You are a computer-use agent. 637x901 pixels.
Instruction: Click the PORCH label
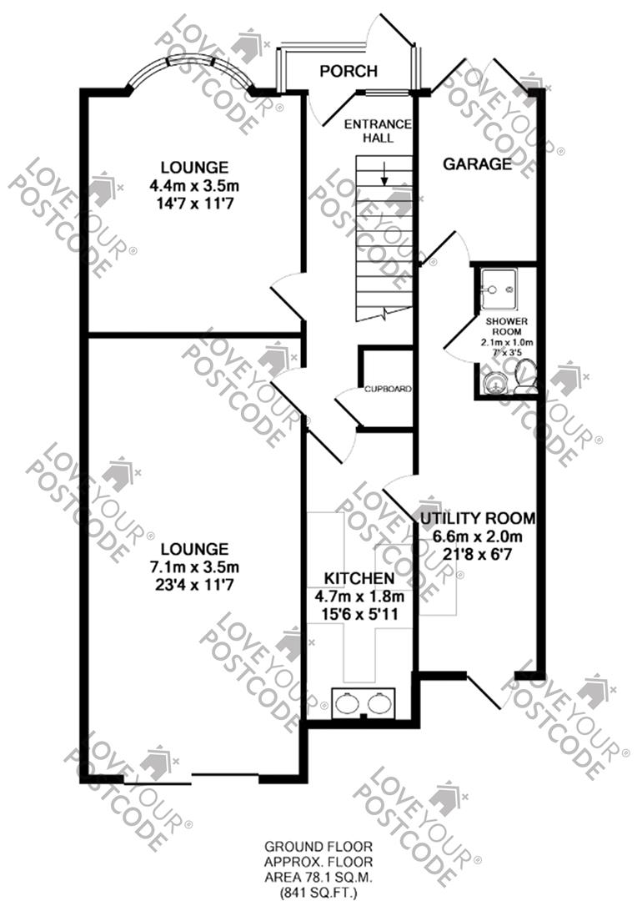point(349,71)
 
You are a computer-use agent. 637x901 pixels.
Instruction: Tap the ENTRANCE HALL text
point(378,131)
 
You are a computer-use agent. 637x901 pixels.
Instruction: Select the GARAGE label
point(477,164)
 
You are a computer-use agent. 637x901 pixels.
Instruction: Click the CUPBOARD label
point(387,390)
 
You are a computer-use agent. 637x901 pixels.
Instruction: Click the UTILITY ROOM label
point(477,518)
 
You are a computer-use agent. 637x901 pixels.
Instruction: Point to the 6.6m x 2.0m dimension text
point(477,536)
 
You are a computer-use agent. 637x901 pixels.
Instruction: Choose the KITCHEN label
point(359,578)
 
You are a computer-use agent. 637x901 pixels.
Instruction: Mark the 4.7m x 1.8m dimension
point(359,596)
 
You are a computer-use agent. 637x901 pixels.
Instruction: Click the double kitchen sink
point(364,702)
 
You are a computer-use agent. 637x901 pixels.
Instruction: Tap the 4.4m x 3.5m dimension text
point(194,184)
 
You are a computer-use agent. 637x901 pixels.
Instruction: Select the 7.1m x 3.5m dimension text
point(194,567)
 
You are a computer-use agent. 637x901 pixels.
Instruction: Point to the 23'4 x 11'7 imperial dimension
point(194,585)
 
